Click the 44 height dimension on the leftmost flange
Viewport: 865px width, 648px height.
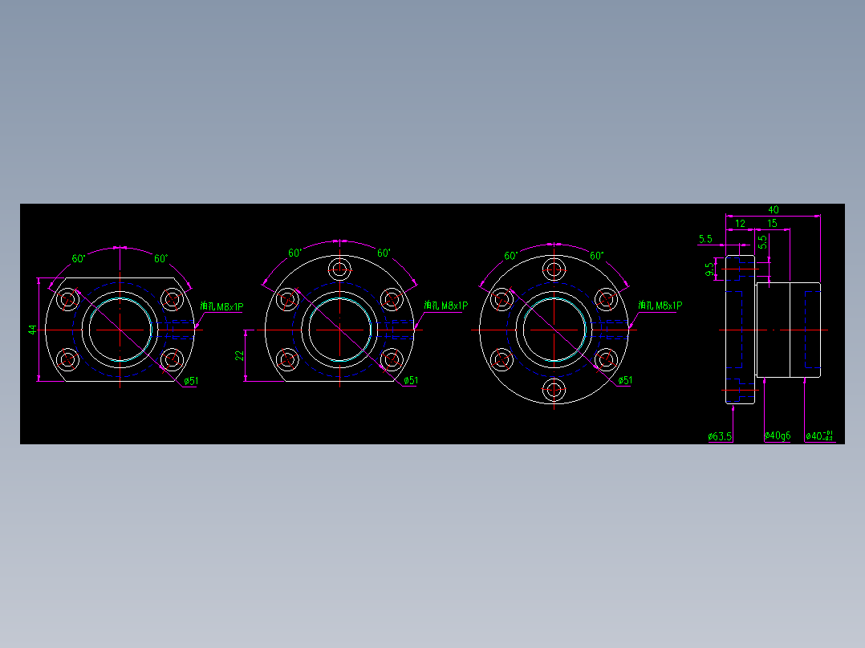[x=32, y=330]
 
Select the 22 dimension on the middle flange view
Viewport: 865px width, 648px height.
[x=239, y=355]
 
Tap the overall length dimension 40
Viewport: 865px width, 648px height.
[x=773, y=210]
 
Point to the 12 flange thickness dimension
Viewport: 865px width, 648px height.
[x=740, y=224]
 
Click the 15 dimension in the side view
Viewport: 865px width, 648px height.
[x=772, y=224]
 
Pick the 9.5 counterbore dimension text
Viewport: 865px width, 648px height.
[x=709, y=269]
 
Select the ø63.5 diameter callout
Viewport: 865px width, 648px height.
[x=720, y=436]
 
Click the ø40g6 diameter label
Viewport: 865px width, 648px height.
[x=777, y=436]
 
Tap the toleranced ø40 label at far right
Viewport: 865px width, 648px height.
[x=819, y=436]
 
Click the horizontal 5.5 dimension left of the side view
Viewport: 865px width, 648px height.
[x=705, y=239]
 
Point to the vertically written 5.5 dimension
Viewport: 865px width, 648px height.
[x=763, y=242]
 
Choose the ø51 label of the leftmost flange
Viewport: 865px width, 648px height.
[x=190, y=381]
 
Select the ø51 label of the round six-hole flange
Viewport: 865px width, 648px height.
[x=624, y=380]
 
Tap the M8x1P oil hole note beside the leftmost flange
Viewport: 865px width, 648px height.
[x=221, y=306]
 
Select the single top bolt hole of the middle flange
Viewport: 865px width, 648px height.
[x=339, y=269]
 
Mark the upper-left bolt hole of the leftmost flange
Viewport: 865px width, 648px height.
[x=67, y=300]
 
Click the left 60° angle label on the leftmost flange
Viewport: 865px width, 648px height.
[x=79, y=259]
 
